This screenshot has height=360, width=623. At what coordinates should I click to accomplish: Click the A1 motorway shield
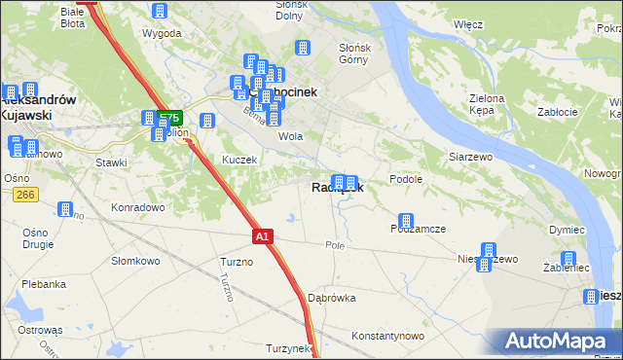[263, 235]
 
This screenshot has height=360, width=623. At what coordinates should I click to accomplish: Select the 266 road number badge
[25, 196]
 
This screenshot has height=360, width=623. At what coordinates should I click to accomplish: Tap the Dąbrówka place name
[331, 298]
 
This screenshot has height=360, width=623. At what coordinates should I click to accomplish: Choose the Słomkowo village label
[135, 260]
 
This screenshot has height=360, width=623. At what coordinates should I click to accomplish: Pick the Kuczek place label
[238, 160]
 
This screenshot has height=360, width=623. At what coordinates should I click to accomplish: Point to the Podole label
[405, 179]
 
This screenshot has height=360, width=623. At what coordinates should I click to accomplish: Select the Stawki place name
[111, 162]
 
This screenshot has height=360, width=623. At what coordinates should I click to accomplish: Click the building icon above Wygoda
[161, 11]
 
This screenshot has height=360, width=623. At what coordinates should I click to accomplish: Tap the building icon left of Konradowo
[65, 208]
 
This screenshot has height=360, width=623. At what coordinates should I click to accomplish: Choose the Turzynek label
[287, 347]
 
